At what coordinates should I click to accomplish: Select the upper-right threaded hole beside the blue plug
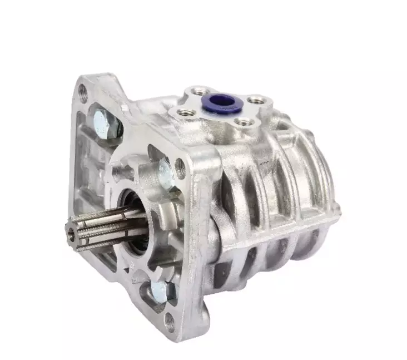(255, 101)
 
